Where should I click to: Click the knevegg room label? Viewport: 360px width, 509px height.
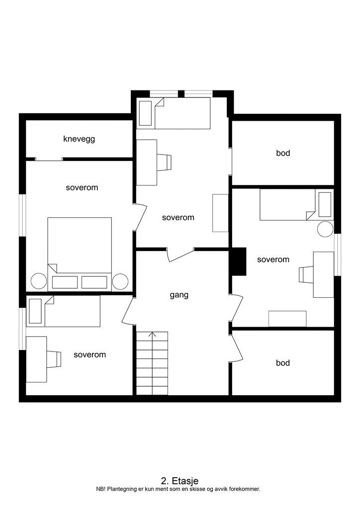tap(79, 139)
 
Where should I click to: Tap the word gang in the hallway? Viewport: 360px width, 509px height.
tap(179, 295)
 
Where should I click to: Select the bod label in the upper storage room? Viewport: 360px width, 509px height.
tap(283, 153)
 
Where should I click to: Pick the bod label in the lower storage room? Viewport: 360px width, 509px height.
tap(283, 363)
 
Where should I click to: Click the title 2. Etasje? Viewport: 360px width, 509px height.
tap(180, 481)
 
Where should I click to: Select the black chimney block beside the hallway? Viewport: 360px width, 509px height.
tap(239, 261)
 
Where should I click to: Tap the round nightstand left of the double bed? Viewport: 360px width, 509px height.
tap(39, 281)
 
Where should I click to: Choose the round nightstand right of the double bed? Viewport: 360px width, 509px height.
tap(120, 281)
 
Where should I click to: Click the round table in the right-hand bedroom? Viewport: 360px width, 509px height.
tap(326, 229)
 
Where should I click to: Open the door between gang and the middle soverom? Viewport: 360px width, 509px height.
tap(180, 254)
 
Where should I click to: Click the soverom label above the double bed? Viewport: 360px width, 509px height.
tap(82, 188)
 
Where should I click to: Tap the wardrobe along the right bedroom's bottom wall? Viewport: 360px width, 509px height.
tap(287, 319)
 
